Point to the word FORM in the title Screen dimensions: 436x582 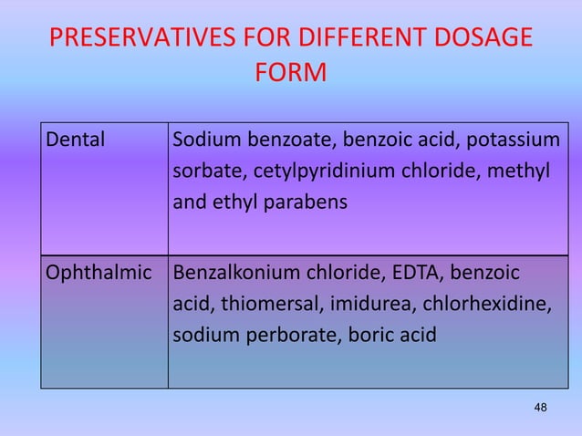point(290,71)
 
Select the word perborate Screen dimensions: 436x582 point(284,334)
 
